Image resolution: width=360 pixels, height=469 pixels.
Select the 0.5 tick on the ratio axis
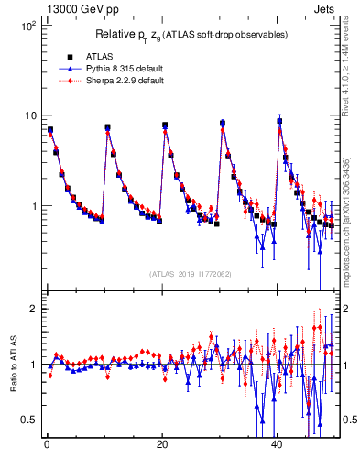click(27, 420)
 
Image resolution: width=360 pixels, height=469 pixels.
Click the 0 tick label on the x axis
click(47, 446)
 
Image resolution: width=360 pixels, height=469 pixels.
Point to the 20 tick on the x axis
click(162, 446)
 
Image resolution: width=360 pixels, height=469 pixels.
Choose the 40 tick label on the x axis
click(278, 446)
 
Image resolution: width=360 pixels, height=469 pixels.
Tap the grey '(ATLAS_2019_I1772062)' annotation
click(190, 274)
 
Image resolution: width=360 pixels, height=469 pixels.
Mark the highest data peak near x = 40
click(279, 121)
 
